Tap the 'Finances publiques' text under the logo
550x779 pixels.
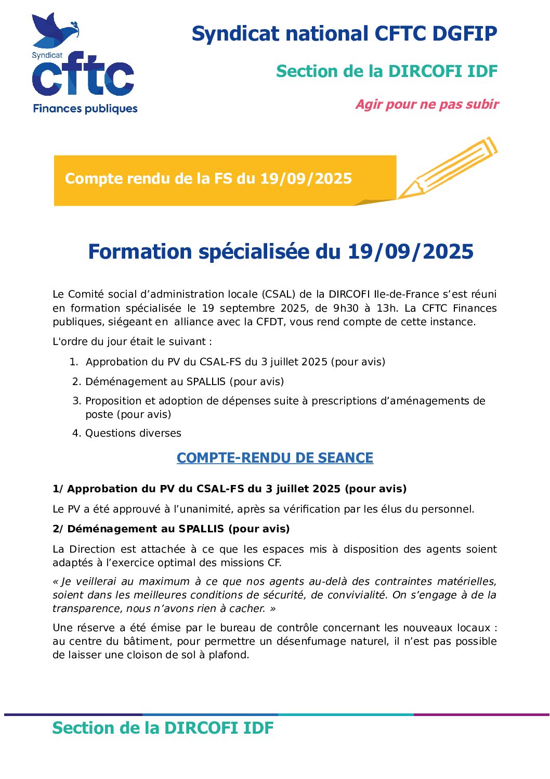click(85, 109)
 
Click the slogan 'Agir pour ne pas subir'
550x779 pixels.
click(427, 105)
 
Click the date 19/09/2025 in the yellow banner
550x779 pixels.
click(306, 178)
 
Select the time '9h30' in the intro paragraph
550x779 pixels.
click(346, 308)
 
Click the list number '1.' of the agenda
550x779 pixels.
click(74, 362)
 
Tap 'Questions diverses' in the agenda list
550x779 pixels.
click(133, 433)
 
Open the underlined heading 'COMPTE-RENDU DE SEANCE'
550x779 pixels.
click(275, 458)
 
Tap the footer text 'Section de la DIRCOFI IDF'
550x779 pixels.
click(163, 728)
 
